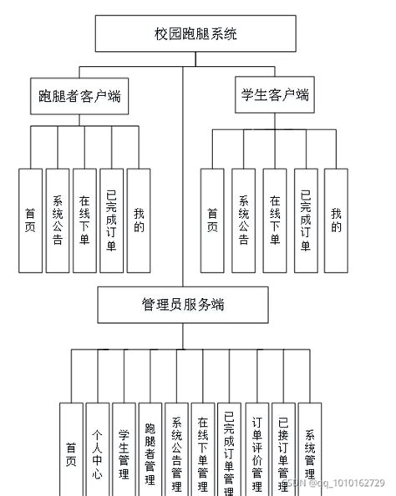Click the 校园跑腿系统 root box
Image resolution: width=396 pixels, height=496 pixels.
(x=195, y=34)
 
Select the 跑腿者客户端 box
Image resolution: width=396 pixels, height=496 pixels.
(x=79, y=95)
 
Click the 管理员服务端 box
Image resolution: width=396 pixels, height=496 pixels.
(x=184, y=305)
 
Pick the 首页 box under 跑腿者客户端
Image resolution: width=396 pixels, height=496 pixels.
(x=30, y=221)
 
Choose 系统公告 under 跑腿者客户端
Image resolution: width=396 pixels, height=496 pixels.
(x=57, y=221)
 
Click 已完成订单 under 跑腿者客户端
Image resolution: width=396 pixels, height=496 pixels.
(x=111, y=221)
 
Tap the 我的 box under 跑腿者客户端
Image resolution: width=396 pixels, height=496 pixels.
(x=139, y=221)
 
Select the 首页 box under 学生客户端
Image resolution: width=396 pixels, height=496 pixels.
(x=211, y=221)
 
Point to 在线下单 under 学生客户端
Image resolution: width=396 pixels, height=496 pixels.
(x=274, y=221)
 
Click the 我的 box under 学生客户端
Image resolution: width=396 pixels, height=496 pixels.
(x=336, y=221)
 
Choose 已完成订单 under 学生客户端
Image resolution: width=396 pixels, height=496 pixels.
(x=305, y=221)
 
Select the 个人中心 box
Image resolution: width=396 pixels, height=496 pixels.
(x=98, y=451)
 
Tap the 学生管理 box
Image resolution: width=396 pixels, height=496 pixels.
(x=124, y=451)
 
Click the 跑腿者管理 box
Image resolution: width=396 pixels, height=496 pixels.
(x=150, y=451)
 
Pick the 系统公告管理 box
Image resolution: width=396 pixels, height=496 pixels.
(x=176, y=451)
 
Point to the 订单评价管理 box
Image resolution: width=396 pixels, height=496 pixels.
(x=257, y=451)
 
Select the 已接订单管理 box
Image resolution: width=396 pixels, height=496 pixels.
(x=284, y=451)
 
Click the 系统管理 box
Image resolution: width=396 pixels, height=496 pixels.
(x=310, y=451)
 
